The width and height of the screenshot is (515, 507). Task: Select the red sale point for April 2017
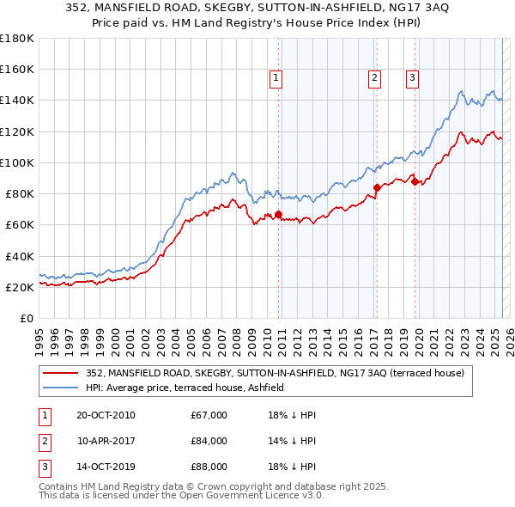click(x=377, y=187)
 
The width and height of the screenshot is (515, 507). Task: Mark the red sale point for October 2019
click(x=415, y=180)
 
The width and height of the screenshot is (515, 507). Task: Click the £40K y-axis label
click(x=19, y=256)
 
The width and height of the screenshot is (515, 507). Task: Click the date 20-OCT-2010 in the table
click(x=106, y=415)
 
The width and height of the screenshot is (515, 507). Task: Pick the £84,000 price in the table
click(x=209, y=442)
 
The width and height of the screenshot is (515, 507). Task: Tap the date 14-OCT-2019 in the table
click(x=106, y=468)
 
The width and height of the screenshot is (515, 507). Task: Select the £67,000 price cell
click(x=209, y=415)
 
